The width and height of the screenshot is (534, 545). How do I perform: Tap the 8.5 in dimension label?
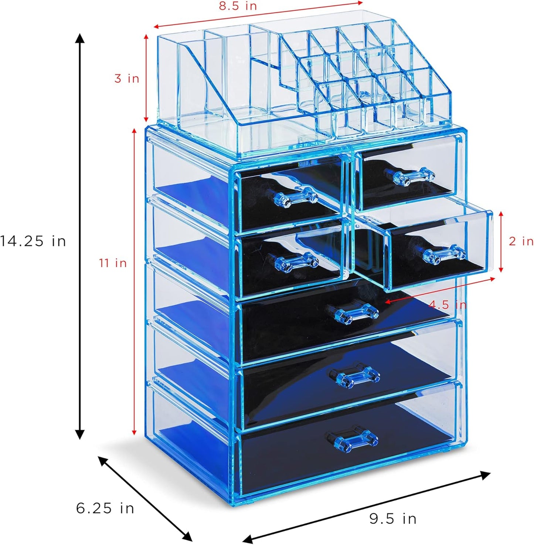(238, 6)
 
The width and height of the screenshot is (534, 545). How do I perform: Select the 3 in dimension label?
(126, 78)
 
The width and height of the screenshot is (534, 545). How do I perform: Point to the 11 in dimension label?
(113, 263)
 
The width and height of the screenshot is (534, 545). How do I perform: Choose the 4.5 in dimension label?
(447, 305)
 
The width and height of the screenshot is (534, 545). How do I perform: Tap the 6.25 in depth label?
(105, 508)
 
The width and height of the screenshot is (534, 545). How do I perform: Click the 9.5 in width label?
(393, 519)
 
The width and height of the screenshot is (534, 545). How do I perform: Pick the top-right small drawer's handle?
(409, 176)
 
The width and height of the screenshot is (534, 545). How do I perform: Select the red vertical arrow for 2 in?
(501, 241)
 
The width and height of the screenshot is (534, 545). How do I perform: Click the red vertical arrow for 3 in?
(147, 78)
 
